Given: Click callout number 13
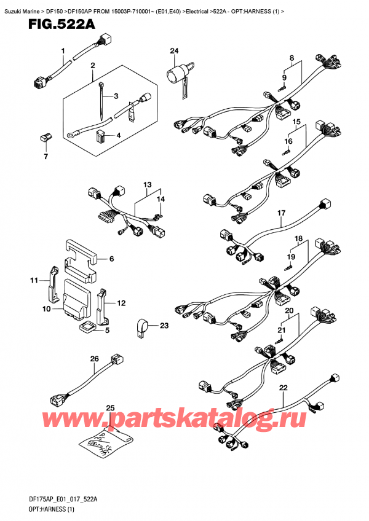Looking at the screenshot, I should [x=146, y=184].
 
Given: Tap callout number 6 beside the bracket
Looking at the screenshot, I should [x=111, y=260].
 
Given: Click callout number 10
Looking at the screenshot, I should [x=46, y=309].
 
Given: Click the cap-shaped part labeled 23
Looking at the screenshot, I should [x=141, y=327].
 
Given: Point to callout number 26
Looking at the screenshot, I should [x=94, y=359].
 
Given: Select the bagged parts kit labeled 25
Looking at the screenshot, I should [x=108, y=437].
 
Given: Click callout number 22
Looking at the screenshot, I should [x=283, y=388].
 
